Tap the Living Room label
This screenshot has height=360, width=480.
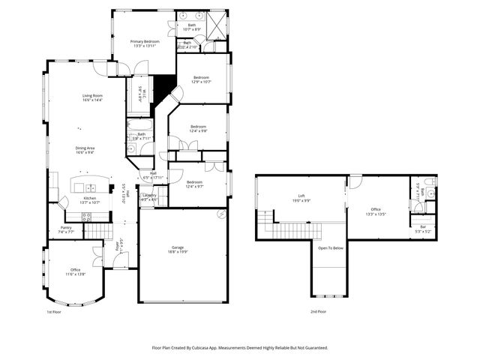(92, 96)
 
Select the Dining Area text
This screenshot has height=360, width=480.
(85, 148)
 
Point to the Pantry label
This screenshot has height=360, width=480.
(66, 228)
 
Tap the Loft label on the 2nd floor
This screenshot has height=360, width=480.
(301, 196)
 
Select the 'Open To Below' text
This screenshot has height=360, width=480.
(331, 247)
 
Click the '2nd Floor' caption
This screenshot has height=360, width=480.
(318, 310)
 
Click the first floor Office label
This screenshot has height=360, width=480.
(75, 269)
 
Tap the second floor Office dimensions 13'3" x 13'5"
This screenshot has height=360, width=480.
(376, 214)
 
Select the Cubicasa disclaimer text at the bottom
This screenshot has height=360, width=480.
(239, 348)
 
